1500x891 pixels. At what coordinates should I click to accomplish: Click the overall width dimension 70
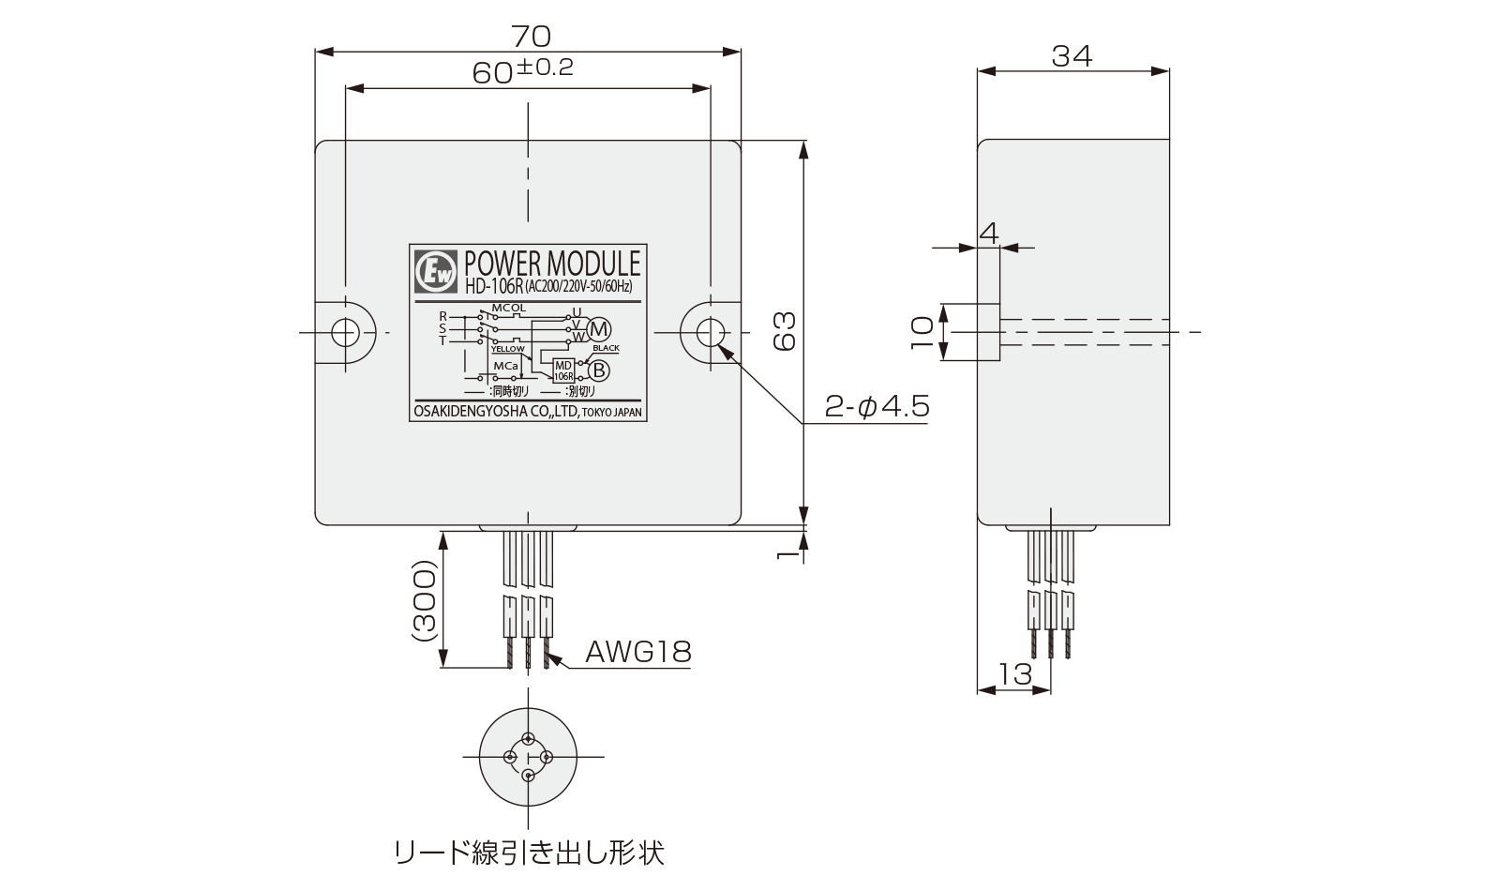pyautogui.click(x=530, y=37)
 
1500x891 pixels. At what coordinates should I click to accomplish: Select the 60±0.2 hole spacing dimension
pyautogui.click(x=522, y=71)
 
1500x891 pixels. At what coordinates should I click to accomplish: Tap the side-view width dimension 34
pyautogui.click(x=1072, y=55)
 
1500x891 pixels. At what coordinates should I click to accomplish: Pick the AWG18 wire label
pyautogui.click(x=638, y=651)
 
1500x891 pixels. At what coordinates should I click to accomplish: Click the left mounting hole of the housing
pyautogui.click(x=346, y=332)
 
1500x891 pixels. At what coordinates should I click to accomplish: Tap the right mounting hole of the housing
pyautogui.click(x=710, y=332)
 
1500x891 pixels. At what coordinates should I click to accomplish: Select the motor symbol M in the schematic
pyautogui.click(x=599, y=329)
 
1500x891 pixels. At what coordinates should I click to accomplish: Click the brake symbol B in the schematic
pyautogui.click(x=599, y=370)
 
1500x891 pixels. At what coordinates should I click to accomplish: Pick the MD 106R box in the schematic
pyautogui.click(x=563, y=370)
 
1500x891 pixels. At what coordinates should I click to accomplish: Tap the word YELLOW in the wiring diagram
pyautogui.click(x=508, y=348)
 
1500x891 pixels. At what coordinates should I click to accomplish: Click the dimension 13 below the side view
pyautogui.click(x=1014, y=672)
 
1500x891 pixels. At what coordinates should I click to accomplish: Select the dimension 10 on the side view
pyautogui.click(x=922, y=332)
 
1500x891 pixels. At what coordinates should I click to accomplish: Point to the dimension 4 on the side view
pyautogui.click(x=989, y=232)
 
